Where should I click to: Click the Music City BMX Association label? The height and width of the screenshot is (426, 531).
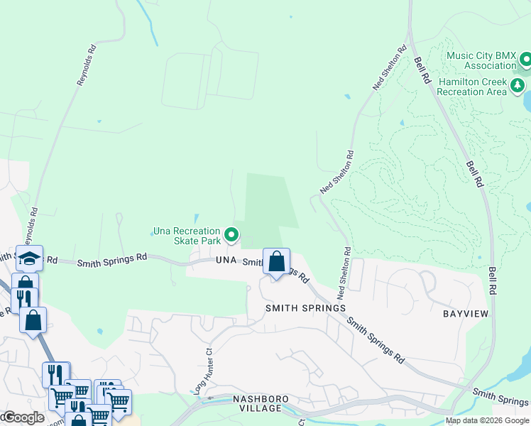coord(481,60)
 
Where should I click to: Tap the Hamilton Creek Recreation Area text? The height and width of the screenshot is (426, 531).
coord(472,87)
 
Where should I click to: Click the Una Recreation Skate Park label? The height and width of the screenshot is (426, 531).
coord(187,236)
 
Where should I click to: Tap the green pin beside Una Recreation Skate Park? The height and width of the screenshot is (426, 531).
coord(231,234)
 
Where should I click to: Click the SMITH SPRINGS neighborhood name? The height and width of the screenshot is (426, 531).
coord(305,308)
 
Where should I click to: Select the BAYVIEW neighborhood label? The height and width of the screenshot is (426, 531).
coord(467,313)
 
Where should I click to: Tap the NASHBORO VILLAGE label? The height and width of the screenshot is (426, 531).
coord(261,404)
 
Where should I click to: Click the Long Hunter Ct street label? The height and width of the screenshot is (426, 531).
coord(203,371)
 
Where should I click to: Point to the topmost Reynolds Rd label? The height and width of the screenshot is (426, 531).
coord(86,65)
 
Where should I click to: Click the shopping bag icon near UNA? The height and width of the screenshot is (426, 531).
coord(277,261)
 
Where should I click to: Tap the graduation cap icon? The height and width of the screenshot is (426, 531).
coord(29,258)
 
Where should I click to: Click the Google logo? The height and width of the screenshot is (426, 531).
coord(23,417)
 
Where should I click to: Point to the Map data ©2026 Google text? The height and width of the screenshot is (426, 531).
coord(486,420)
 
